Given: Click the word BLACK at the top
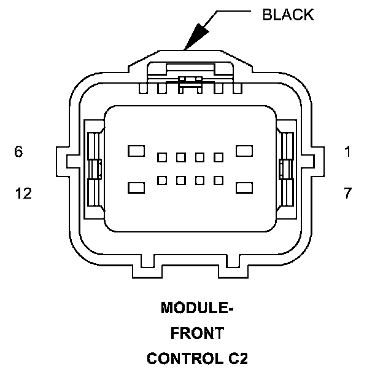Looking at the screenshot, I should coord(287,15).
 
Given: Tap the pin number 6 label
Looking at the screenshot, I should coord(19,152).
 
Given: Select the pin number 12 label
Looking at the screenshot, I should coord(23,193).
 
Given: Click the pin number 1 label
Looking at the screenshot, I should coord(348,152).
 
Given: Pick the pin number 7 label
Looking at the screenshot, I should coord(347,193).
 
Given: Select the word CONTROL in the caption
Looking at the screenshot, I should coord(177,358).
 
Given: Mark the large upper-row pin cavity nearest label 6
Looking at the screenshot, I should coord(136,150).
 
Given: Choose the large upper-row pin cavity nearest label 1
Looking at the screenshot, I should coord(245,150).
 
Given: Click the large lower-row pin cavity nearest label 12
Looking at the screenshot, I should coord(136,187).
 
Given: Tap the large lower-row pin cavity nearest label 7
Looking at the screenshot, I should coord(245,187).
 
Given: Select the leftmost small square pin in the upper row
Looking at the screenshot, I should coord(162,157).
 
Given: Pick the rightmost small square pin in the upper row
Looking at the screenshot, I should coord(219,157).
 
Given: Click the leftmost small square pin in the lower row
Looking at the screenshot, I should coord(162,180).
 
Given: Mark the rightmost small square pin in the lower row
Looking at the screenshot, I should coord(219,180).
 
